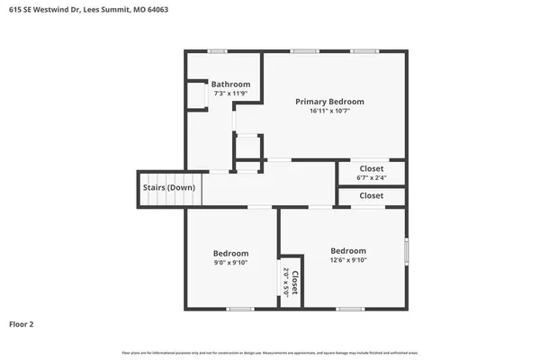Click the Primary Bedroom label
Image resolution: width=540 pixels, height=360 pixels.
click(330, 102)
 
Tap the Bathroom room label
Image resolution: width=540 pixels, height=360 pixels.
click(230, 85)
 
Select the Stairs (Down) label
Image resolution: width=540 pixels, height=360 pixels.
click(168, 188)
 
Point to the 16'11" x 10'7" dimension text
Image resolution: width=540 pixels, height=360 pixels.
click(330, 112)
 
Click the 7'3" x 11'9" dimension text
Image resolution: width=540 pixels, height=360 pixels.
click(230, 94)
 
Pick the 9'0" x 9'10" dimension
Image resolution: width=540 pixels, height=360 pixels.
click(230, 263)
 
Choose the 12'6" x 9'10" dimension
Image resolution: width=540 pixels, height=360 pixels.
click(348, 260)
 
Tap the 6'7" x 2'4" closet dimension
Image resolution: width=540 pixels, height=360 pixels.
click(372, 177)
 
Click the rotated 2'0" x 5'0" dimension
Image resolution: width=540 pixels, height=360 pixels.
click(285, 283)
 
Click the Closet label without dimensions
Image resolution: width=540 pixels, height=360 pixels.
click(372, 195)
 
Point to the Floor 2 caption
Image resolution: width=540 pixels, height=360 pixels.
click(22, 323)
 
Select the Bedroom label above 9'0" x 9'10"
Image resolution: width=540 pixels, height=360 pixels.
click(230, 253)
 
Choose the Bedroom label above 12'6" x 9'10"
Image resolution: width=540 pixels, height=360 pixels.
click(348, 250)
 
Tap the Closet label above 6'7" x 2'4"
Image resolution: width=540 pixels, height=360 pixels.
click(372, 168)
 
